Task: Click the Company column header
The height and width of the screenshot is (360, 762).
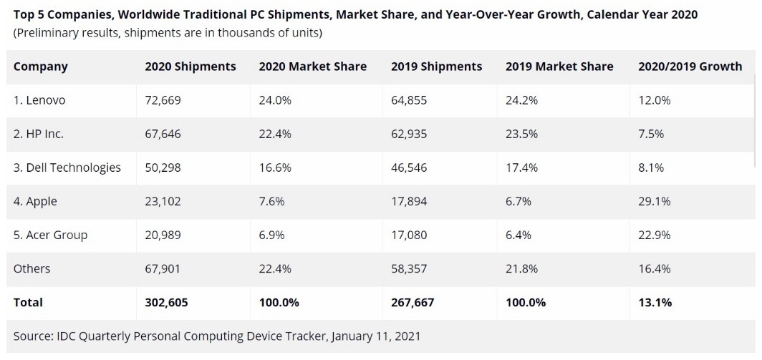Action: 40,67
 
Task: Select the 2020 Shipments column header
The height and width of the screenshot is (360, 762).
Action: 190,67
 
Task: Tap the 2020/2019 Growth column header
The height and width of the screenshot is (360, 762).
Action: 690,67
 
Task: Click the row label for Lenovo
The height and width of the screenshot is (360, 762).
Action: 39,100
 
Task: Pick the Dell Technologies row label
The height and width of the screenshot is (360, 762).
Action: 67,167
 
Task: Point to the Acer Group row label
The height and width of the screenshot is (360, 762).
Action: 50,235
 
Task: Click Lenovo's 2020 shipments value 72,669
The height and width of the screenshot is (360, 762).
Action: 163,100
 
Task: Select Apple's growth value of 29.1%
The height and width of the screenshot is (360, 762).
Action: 654,201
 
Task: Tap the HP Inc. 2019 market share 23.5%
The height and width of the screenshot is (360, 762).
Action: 521,134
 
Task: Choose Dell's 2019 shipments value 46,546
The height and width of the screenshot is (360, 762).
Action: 408,167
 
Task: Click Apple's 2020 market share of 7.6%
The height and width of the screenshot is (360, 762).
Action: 271,201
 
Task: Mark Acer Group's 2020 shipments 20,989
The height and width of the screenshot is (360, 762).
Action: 163,235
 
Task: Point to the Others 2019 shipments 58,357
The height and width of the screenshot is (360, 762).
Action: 408,268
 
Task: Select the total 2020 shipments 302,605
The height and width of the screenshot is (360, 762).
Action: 166,302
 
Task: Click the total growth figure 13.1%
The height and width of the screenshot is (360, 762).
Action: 655,302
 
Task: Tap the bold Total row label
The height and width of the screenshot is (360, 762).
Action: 28,302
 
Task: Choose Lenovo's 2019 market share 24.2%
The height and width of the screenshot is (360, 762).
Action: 522,100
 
